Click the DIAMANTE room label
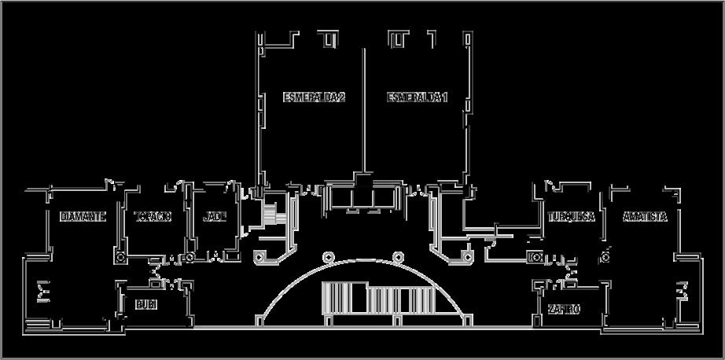click(x=83, y=217)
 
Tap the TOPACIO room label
click(x=153, y=217)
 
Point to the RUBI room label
click(x=146, y=304)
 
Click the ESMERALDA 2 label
click(x=314, y=97)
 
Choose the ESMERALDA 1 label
click(x=417, y=97)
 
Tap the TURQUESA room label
click(x=572, y=217)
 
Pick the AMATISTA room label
click(x=645, y=217)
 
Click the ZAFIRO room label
click(x=564, y=310)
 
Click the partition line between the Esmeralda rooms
click(x=363, y=110)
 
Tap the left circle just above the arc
click(x=328, y=255)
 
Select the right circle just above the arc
click(x=399, y=255)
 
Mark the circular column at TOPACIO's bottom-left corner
click(x=120, y=257)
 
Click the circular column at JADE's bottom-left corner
click(x=190, y=257)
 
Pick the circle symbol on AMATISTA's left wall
click(x=606, y=255)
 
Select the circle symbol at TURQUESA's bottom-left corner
click(x=538, y=257)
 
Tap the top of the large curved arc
click(x=363, y=260)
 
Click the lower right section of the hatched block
click(x=417, y=303)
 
